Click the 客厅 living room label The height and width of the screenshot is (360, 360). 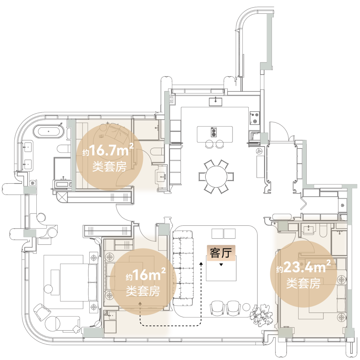pyautogui.click(x=221, y=253)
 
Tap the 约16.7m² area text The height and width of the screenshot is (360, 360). pyautogui.click(x=108, y=151)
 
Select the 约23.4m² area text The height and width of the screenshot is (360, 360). pyautogui.click(x=304, y=267)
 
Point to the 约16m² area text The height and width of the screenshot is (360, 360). pyautogui.click(x=146, y=274)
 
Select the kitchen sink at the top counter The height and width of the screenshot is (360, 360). pyautogui.click(x=215, y=102)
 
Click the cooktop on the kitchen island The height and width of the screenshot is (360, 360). pyautogui.click(x=214, y=132)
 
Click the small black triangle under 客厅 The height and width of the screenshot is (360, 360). pyautogui.click(x=221, y=265)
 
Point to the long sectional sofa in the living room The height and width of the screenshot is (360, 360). pyautogui.click(x=183, y=268)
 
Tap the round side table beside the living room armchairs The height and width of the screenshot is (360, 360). pyautogui.click(x=246, y=307)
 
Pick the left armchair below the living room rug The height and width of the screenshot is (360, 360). pyautogui.click(x=217, y=308)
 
